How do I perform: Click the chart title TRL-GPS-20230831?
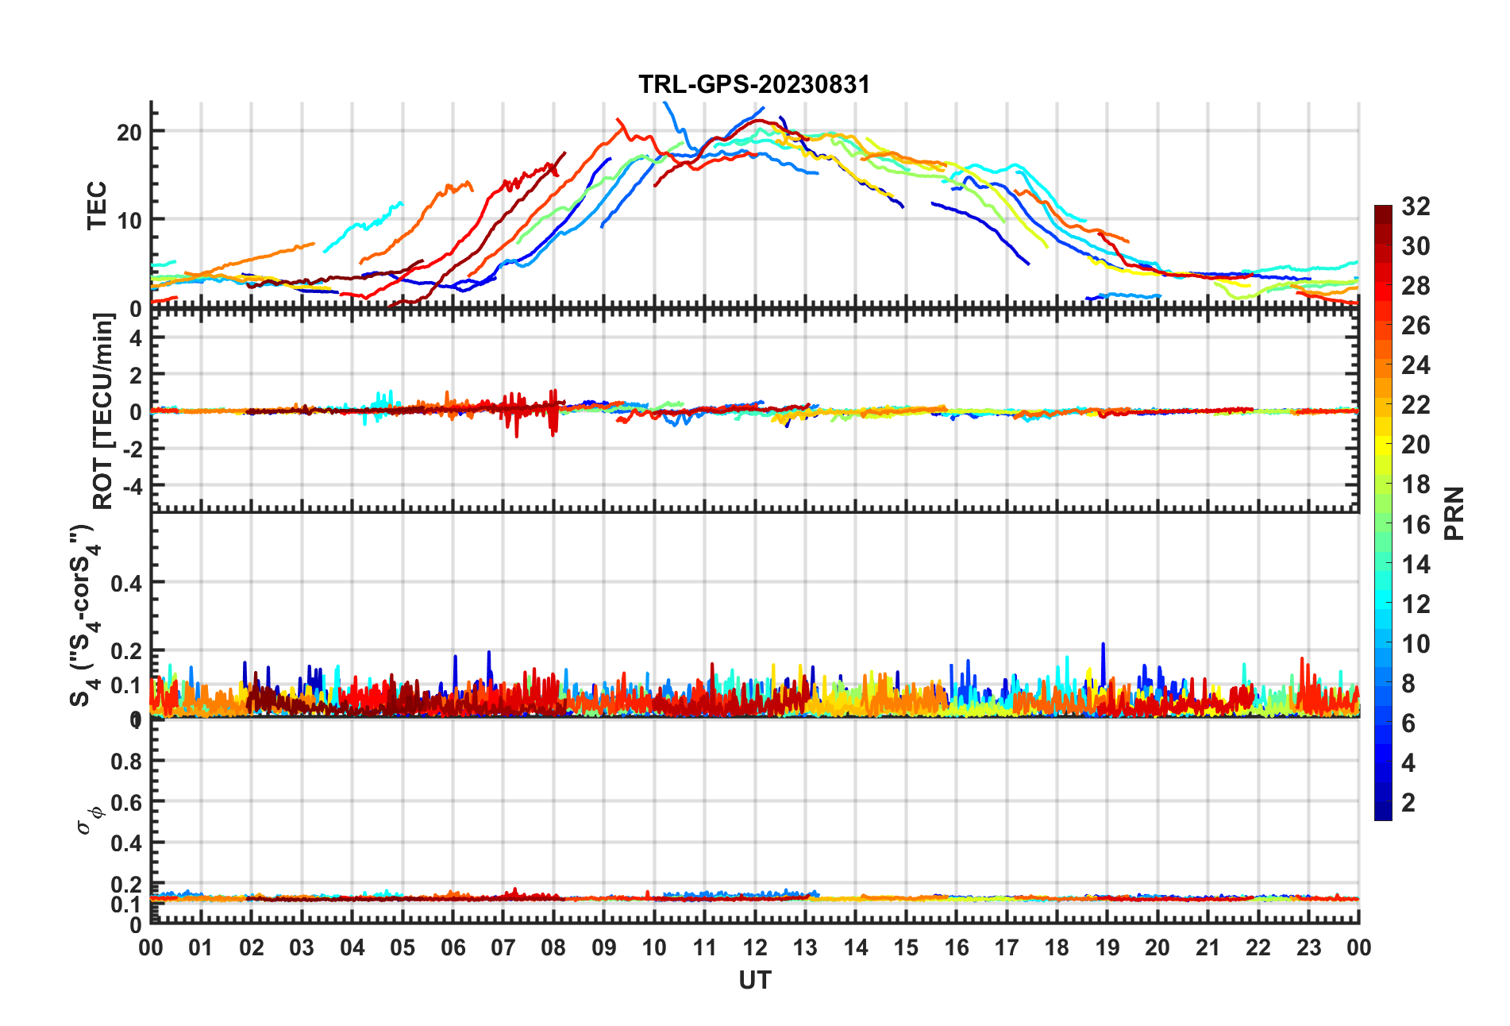(x=754, y=84)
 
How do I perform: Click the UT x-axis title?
(x=754, y=981)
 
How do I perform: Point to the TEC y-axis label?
(x=97, y=206)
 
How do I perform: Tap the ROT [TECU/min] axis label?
(x=102, y=411)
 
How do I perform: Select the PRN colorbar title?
(x=1454, y=513)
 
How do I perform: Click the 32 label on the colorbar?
(x=1416, y=206)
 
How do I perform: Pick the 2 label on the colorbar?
(x=1408, y=803)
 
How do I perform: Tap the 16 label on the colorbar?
(x=1416, y=525)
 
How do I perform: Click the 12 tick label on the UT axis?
(x=755, y=947)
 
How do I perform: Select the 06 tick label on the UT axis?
(x=453, y=947)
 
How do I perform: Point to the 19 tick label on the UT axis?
(x=1107, y=947)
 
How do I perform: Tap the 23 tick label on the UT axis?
(x=1308, y=947)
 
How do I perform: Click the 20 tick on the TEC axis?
(x=129, y=133)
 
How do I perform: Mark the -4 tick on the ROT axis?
(x=132, y=485)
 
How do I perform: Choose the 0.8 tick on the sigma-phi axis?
(x=126, y=761)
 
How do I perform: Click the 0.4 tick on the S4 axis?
(x=126, y=584)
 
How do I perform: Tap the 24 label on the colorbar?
(x=1416, y=365)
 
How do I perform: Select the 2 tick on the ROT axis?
(x=136, y=375)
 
